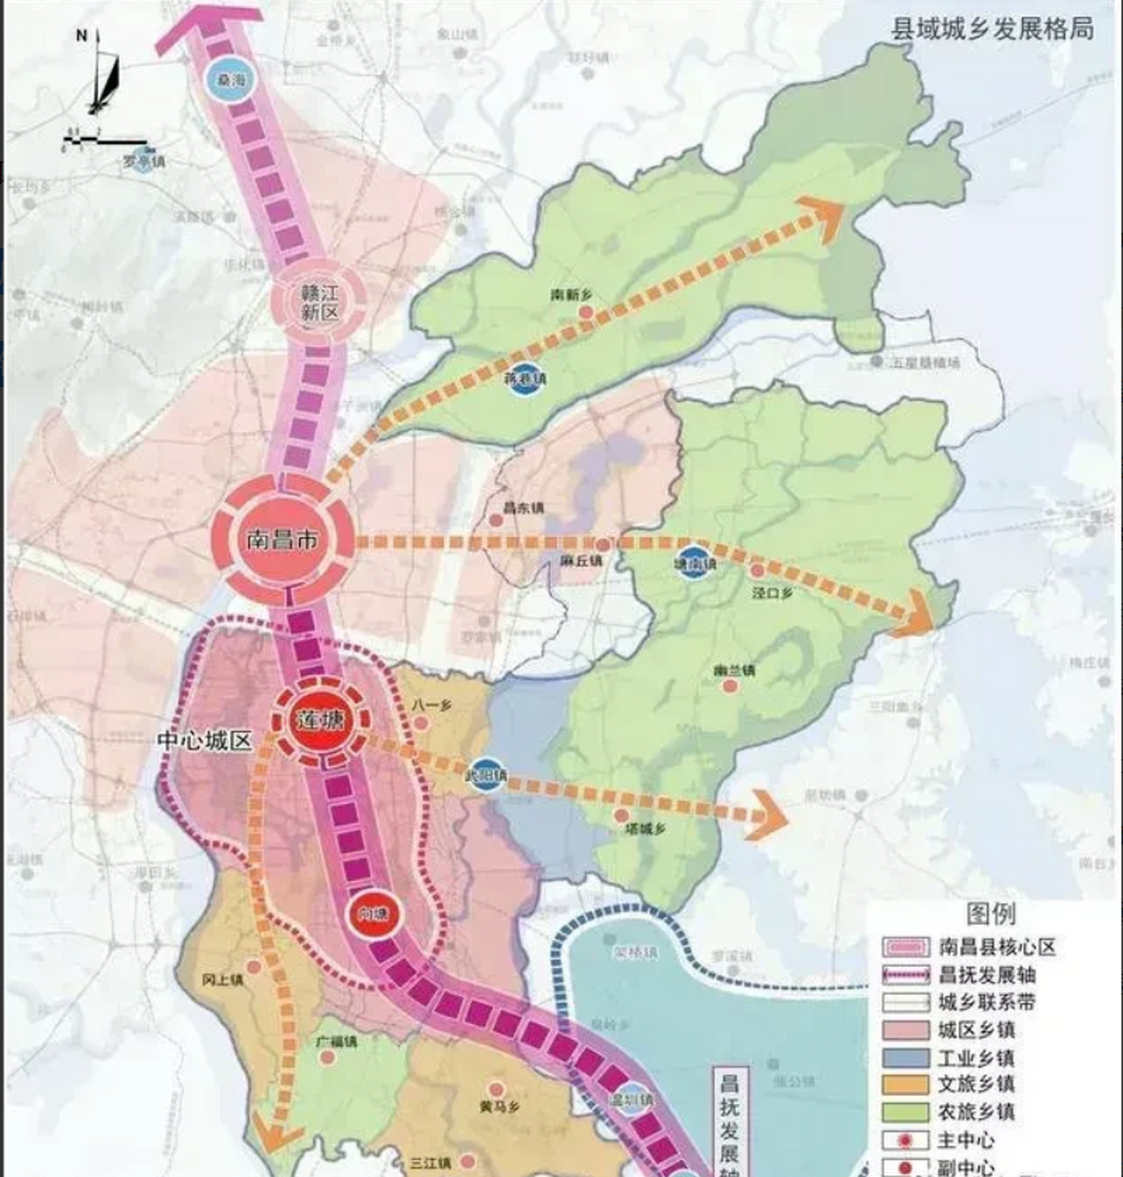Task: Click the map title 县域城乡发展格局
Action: pyautogui.click(x=992, y=29)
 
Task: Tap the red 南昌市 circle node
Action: pyautogui.click(x=281, y=539)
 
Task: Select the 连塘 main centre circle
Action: pyautogui.click(x=319, y=720)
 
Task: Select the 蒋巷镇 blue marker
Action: pyautogui.click(x=526, y=378)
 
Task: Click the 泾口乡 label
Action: pyautogui.click(x=772, y=593)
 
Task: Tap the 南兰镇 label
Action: pyautogui.click(x=734, y=670)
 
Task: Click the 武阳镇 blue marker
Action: pyautogui.click(x=486, y=775)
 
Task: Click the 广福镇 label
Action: pyautogui.click(x=336, y=1043)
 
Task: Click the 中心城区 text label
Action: pyautogui.click(x=204, y=741)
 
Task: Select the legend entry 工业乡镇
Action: pyautogui.click(x=976, y=1057)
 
